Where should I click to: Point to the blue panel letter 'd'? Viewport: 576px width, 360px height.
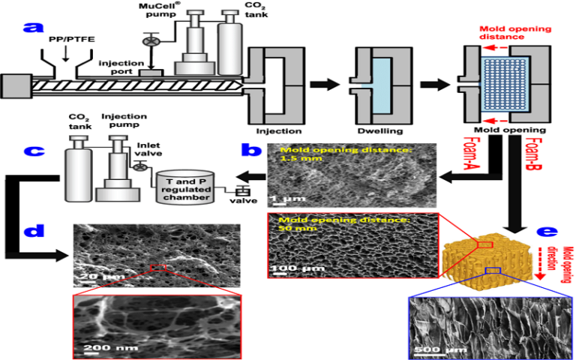pos(31,231)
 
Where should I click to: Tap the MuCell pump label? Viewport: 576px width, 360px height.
pos(157,10)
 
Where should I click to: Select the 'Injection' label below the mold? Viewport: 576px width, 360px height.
pos(278,130)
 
